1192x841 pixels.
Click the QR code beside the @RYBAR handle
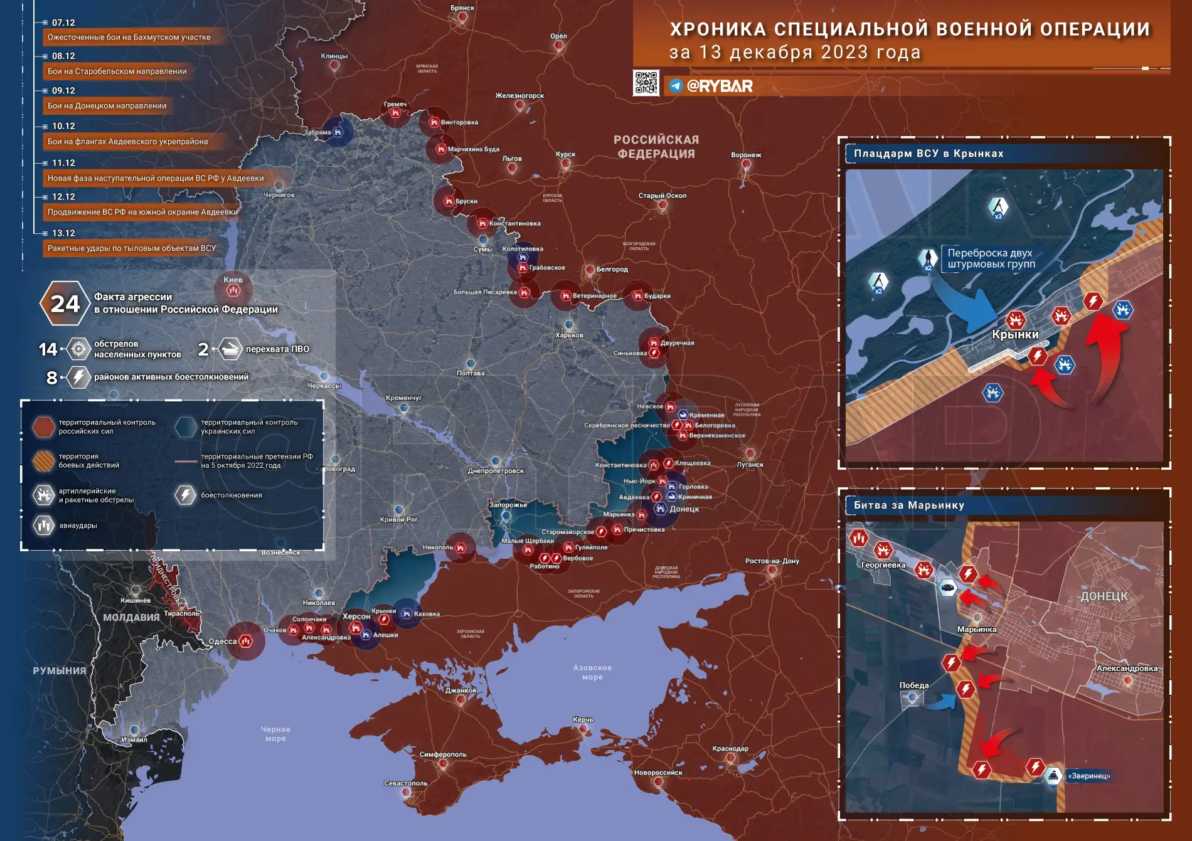coord(646,83)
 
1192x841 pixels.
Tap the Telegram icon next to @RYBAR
coord(676,86)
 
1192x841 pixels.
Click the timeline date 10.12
coord(63,126)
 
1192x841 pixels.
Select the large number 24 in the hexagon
coord(65,304)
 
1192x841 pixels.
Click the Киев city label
coord(233,280)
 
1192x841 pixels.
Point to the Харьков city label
coord(569,335)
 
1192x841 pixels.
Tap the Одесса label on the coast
coord(223,641)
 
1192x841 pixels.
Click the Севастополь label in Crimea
coord(405,783)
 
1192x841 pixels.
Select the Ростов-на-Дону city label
coord(772,561)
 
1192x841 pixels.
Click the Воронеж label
coord(746,155)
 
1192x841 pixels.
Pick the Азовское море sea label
coord(592,672)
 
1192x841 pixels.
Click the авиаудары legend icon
coord(44,525)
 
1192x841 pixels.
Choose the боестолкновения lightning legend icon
coord(185,495)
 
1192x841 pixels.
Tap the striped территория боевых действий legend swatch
coord(44,461)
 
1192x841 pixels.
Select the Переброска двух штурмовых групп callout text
coord(991,258)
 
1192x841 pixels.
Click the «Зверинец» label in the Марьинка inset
coord(1088,776)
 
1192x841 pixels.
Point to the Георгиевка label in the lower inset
coord(883,564)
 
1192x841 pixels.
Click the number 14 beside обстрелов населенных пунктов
coord(48,349)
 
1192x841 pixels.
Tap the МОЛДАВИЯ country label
coord(131,617)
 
